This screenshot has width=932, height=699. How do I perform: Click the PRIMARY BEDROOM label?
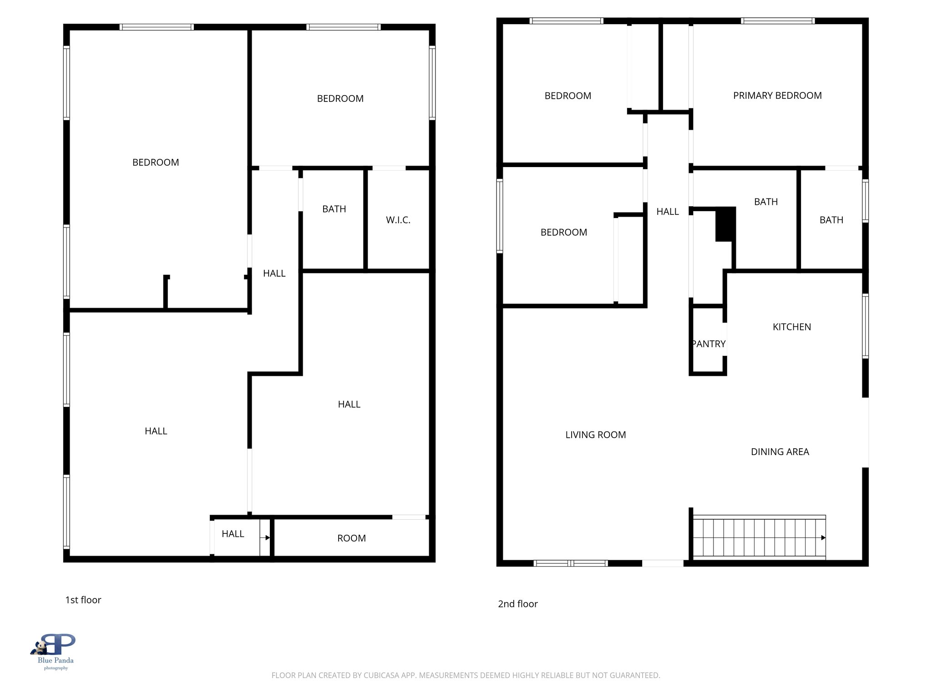click(x=777, y=96)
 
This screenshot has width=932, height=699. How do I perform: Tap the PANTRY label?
click(x=709, y=344)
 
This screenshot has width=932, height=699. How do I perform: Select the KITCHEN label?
click(x=791, y=327)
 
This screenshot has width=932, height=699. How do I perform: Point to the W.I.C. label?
click(x=398, y=220)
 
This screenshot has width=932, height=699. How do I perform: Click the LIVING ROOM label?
click(x=595, y=435)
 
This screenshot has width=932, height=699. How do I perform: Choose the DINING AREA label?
click(x=780, y=452)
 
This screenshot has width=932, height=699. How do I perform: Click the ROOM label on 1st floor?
click(x=351, y=538)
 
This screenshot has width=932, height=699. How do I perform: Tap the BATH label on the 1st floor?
click(x=334, y=209)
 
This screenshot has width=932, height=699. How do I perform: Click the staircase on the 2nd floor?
click(x=758, y=537)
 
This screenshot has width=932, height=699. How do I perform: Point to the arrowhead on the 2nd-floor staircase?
click(x=823, y=537)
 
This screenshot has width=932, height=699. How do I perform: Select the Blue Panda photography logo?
click(x=55, y=651)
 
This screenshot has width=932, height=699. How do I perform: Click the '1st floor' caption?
click(x=83, y=600)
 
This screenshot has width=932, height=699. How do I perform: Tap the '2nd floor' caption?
click(x=517, y=604)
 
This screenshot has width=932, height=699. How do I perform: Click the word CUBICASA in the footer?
click(x=381, y=675)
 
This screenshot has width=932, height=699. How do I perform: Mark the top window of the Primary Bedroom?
click(x=777, y=21)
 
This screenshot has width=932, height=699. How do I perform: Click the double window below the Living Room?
click(x=570, y=563)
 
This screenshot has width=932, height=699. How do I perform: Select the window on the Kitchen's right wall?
click(x=865, y=326)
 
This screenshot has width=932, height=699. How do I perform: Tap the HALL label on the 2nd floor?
click(x=667, y=212)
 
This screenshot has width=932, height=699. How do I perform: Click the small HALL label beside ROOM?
click(x=233, y=534)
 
